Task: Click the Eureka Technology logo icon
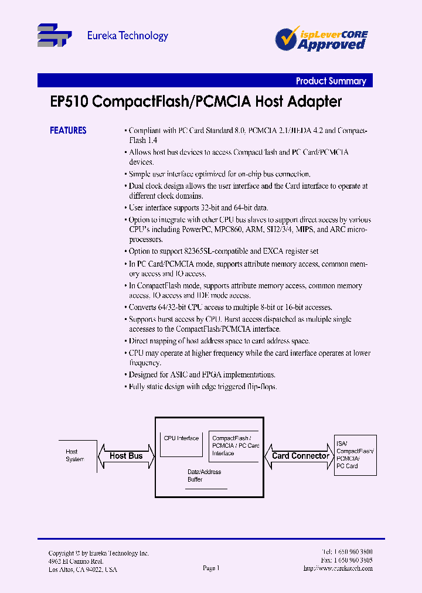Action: pyautogui.click(x=54, y=35)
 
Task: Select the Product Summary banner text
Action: pyautogui.click(x=331, y=81)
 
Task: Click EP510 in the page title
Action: pyautogui.click(x=69, y=102)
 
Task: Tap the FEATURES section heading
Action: pyautogui.click(x=68, y=131)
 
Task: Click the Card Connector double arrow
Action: pyautogui.click(x=300, y=456)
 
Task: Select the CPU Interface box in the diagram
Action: pyautogui.click(x=181, y=444)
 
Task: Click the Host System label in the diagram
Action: pyautogui.click(x=74, y=455)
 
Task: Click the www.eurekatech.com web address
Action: pyautogui.click(x=338, y=569)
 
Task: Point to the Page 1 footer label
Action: pyautogui.click(x=211, y=568)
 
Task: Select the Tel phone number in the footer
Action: pyautogui.click(x=347, y=552)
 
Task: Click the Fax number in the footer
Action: pyautogui.click(x=347, y=560)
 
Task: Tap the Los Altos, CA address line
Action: pyautogui.click(x=83, y=570)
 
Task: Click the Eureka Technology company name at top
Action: pyautogui.click(x=127, y=36)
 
